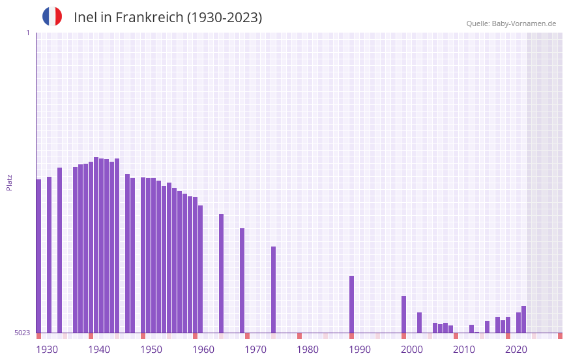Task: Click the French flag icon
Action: pyautogui.click(x=52, y=16)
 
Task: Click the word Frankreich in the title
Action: pyautogui.click(x=149, y=18)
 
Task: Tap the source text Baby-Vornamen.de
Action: pyautogui.click(x=523, y=23)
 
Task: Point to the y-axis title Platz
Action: pyautogui.click(x=9, y=182)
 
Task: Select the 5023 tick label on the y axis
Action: pyautogui.click(x=22, y=333)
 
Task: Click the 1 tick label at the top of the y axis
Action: pyautogui.click(x=27, y=33)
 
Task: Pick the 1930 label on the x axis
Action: pyautogui.click(x=47, y=350)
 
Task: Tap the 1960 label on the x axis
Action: pyautogui.click(x=203, y=350)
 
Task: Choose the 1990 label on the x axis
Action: pyautogui.click(x=360, y=350)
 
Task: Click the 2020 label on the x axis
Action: pyautogui.click(x=516, y=350)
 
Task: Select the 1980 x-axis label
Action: pyautogui.click(x=308, y=350)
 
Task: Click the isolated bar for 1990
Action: pyautogui.click(x=351, y=304)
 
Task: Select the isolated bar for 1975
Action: pyautogui.click(x=273, y=290)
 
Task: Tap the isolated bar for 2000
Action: pyautogui.click(x=403, y=314)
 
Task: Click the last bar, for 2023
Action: pyautogui.click(x=523, y=319)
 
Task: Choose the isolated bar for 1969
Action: pyautogui.click(x=242, y=280)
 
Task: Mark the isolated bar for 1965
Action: pyautogui.click(x=221, y=273)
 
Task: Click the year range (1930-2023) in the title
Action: pyautogui.click(x=225, y=18)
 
